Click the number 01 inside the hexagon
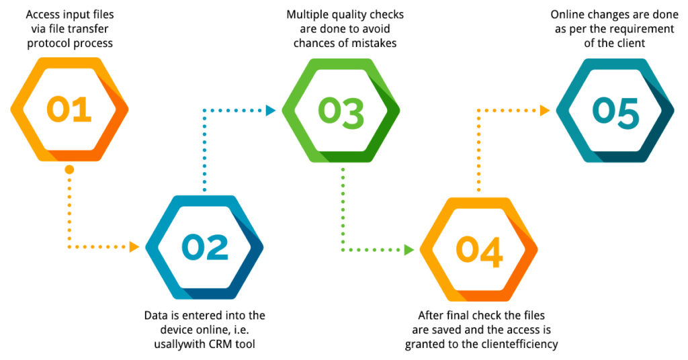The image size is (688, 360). click(69, 109)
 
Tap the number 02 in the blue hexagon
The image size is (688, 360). click(204, 247)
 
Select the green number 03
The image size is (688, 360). click(341, 110)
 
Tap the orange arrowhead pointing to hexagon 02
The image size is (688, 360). click(133, 247)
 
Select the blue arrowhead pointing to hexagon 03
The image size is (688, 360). click(271, 110)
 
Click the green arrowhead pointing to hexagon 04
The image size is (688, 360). click(408, 249)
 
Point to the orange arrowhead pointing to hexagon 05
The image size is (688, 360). click(545, 110)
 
